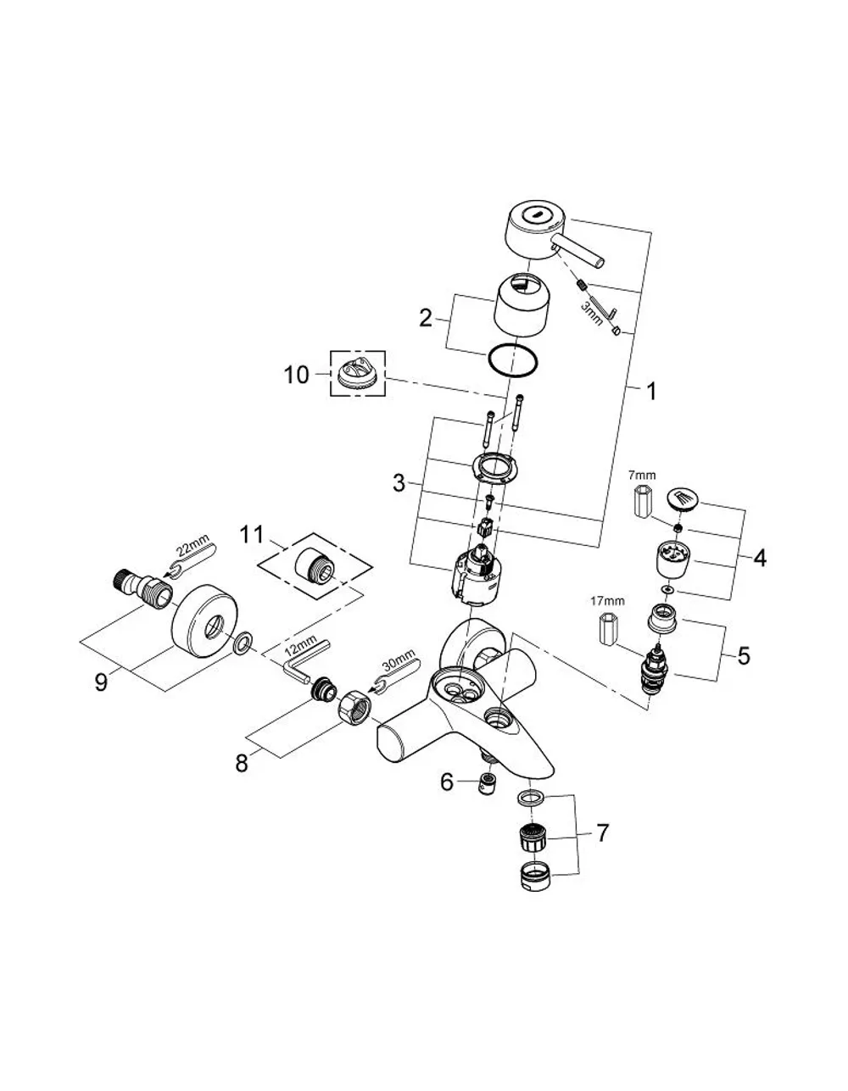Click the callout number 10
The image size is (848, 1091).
point(296,375)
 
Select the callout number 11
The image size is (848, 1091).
point(251,535)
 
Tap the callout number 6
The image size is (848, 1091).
point(447,782)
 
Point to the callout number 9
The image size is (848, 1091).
point(101,682)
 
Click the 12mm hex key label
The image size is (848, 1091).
point(300,646)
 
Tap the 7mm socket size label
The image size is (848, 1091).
point(642,475)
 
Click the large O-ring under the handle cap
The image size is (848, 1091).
point(511,360)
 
